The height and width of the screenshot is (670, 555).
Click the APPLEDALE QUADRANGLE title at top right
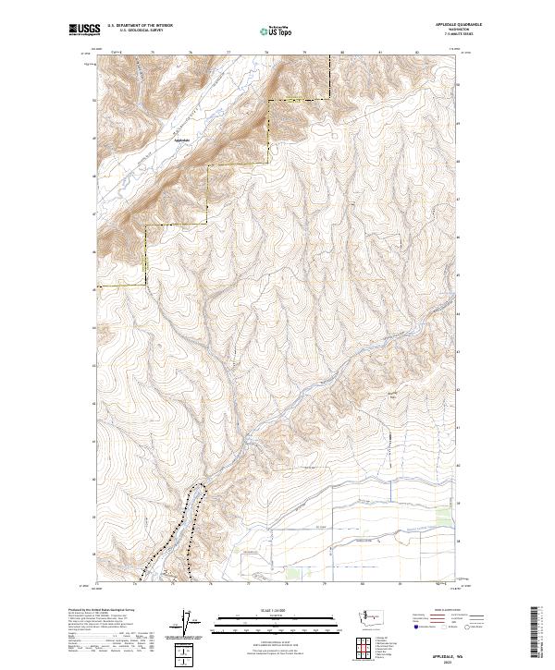click(453, 25)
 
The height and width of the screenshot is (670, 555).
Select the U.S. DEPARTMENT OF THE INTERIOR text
click(140, 25)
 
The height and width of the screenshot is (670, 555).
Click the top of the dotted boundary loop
click(196, 485)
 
